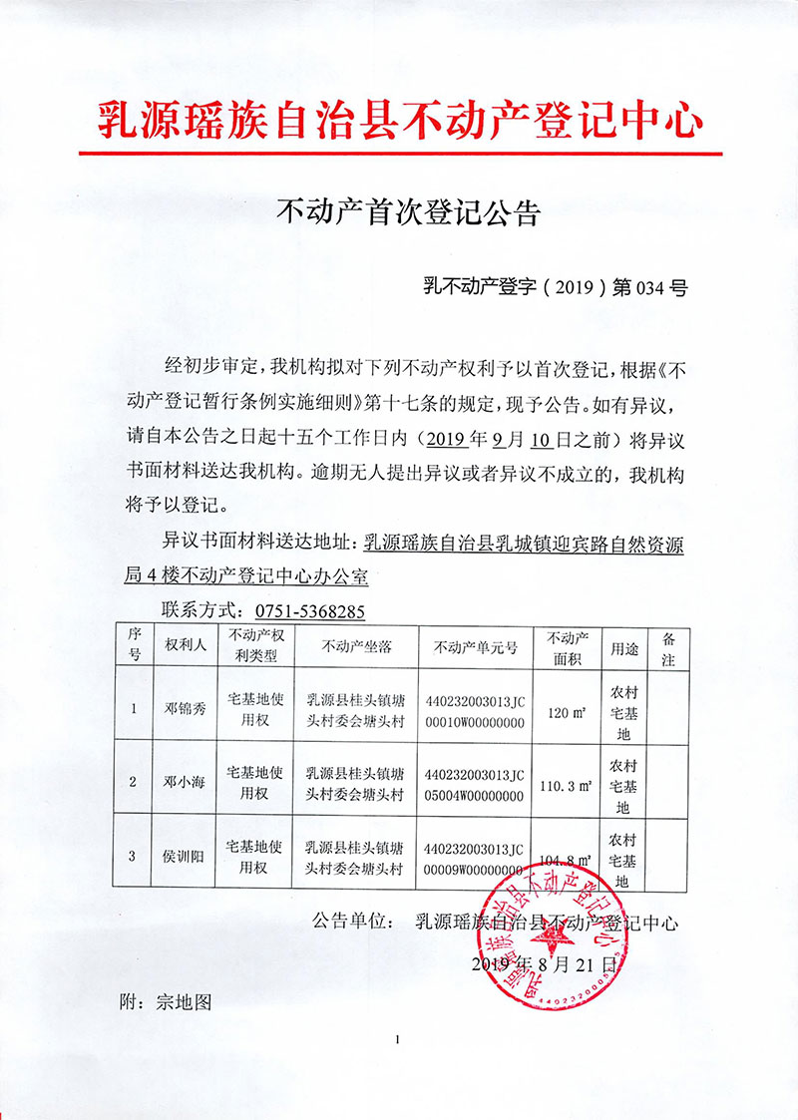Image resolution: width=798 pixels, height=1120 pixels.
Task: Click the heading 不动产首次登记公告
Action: point(407,212)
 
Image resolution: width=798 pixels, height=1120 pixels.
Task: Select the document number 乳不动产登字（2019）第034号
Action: point(556,288)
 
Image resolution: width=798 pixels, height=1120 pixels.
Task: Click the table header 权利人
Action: point(186,645)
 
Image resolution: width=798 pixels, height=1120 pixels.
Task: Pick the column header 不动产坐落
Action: point(356,646)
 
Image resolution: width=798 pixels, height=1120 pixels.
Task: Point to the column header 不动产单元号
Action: point(476,646)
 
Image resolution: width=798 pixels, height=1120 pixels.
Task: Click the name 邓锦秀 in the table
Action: point(185,710)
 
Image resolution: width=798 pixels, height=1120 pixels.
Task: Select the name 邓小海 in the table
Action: point(185,783)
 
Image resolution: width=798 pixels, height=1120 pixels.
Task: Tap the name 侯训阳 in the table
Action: point(185,857)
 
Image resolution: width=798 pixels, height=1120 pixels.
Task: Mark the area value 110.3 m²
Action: point(566,785)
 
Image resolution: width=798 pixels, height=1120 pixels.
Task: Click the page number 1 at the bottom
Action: point(397,1041)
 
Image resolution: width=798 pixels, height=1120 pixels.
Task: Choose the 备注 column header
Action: point(668,646)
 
